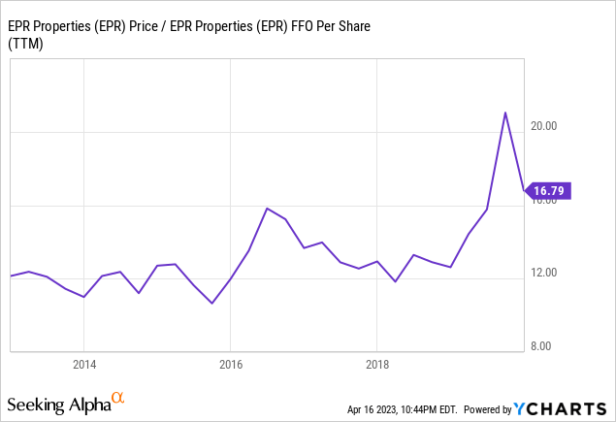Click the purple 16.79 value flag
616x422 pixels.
point(550,190)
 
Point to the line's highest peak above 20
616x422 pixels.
point(504,113)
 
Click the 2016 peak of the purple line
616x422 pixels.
point(267,209)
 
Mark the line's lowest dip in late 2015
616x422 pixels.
point(211,304)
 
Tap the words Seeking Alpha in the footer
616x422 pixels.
point(57,403)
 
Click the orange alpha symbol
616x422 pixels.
point(118,398)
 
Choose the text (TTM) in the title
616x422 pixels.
point(28,42)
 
